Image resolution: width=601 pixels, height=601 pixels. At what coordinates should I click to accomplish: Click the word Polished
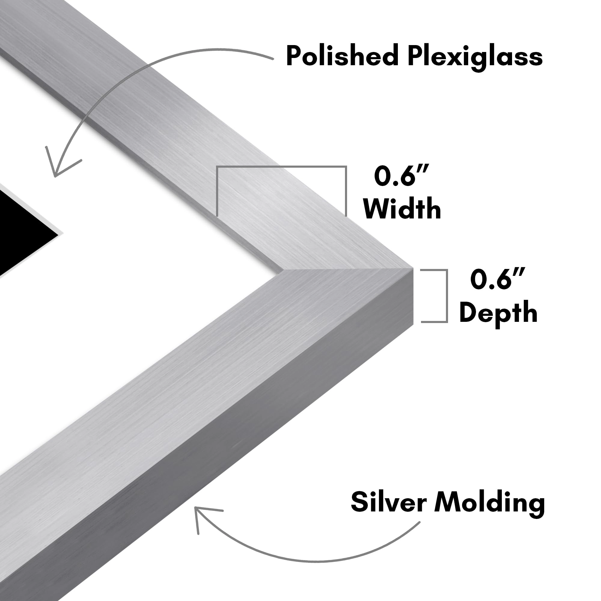point(342,56)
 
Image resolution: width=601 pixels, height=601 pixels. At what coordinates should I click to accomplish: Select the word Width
point(402,209)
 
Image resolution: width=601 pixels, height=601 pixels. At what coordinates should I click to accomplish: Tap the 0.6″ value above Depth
point(498,279)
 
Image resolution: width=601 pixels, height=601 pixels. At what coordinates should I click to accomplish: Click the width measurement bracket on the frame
point(282,167)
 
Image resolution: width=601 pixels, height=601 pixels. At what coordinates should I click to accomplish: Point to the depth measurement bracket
point(447,295)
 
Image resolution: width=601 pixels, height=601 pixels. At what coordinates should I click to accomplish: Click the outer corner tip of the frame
point(413,268)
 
